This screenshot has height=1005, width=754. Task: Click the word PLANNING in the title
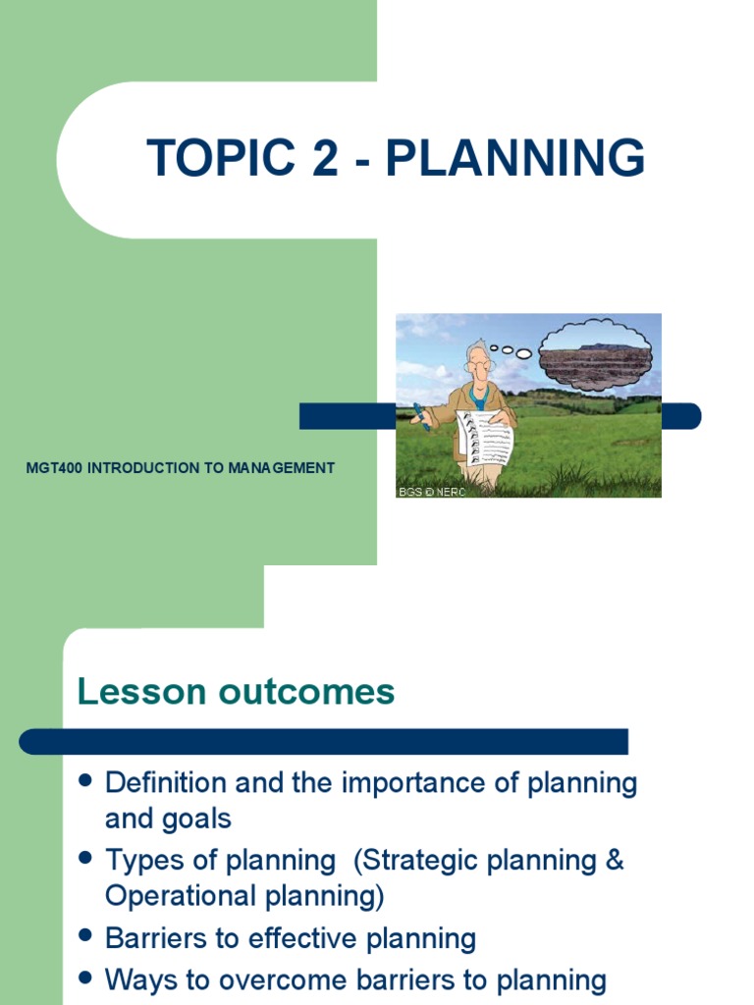[x=515, y=158]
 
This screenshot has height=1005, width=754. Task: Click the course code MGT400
[x=55, y=468]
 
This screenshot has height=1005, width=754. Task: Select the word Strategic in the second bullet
[x=419, y=861]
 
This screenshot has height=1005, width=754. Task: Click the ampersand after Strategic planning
[x=614, y=861]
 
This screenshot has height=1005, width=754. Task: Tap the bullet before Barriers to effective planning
[x=85, y=937]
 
